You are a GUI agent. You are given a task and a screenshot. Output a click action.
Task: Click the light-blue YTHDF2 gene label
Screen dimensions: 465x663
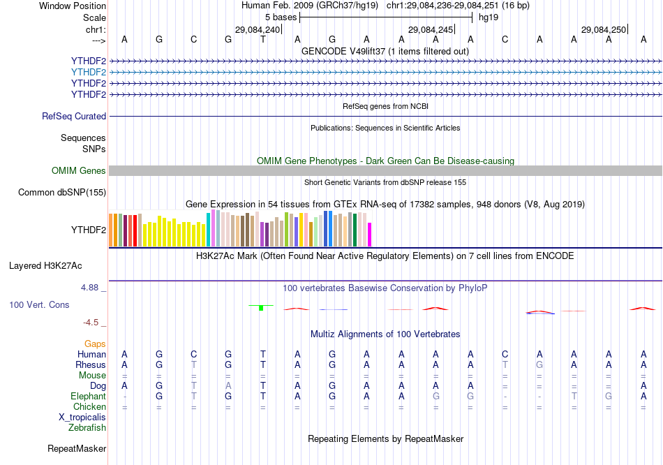click(89, 72)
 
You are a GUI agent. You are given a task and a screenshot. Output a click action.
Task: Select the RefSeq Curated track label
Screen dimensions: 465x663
click(74, 117)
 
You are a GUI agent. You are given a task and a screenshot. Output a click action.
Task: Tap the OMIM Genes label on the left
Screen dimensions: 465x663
click(79, 171)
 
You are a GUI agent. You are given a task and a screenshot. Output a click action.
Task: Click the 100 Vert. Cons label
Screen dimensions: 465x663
click(39, 305)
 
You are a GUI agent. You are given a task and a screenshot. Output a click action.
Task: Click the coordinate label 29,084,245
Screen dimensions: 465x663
click(431, 30)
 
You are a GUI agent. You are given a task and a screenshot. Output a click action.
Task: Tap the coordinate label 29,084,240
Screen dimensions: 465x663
click(258, 30)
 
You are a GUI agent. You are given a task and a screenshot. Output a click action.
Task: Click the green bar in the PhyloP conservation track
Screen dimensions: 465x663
click(261, 308)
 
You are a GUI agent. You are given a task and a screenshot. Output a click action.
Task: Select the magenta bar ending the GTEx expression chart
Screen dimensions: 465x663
click(370, 235)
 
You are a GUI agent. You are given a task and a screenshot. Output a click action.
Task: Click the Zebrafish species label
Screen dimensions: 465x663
click(87, 427)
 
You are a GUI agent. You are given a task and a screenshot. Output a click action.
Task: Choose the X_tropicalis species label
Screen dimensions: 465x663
click(82, 417)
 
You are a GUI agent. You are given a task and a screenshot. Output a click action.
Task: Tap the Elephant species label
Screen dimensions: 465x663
click(88, 396)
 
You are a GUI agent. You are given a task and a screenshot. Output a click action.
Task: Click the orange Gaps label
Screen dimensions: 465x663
click(95, 344)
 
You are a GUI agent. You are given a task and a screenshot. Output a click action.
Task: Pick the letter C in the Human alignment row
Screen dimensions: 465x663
click(194, 355)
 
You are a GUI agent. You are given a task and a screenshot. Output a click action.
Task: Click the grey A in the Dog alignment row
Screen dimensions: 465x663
click(228, 385)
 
